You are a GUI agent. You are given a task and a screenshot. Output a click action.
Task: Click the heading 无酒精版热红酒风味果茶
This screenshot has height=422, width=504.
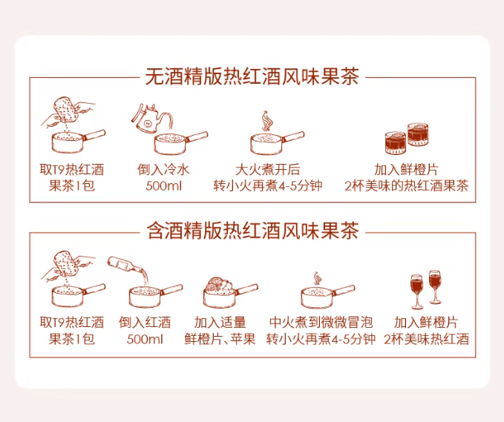(x=252, y=76)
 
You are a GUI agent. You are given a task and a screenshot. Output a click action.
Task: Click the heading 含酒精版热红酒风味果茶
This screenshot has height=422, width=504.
(x=252, y=231)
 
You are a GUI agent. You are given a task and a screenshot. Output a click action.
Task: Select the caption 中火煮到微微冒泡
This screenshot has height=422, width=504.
(x=322, y=323)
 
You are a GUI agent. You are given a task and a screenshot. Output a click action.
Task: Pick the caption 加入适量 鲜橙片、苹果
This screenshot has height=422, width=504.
(x=220, y=331)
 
